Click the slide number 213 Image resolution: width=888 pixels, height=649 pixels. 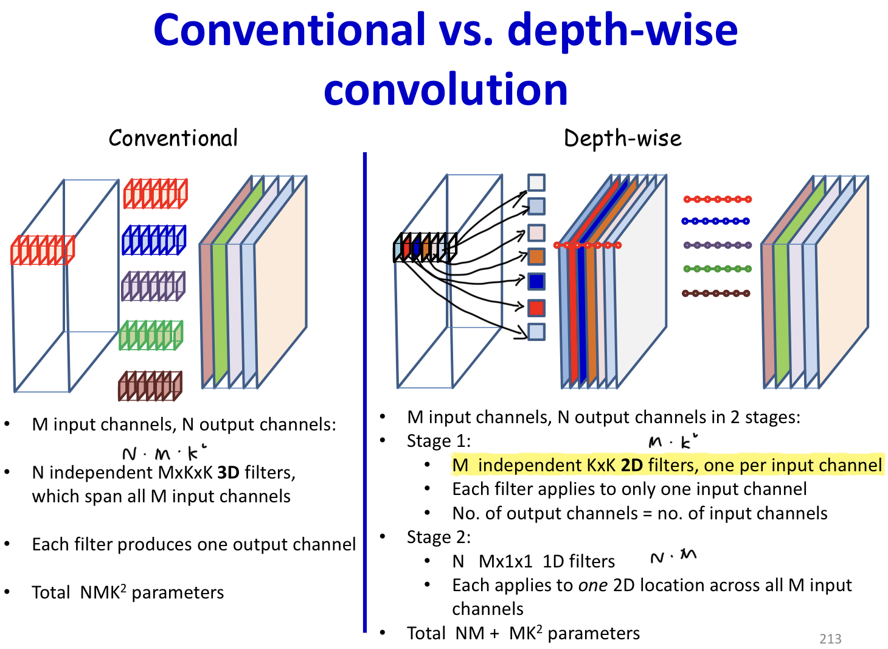[830, 639]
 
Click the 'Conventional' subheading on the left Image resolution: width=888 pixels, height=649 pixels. [173, 139]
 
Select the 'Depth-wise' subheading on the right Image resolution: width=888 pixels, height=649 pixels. [623, 139]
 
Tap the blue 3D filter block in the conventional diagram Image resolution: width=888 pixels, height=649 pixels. [154, 240]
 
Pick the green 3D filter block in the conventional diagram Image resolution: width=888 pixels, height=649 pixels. [151, 335]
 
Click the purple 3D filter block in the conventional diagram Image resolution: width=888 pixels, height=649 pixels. [153, 286]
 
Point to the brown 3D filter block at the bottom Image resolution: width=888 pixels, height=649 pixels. [150, 386]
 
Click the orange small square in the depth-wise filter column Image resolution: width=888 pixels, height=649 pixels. [536, 256]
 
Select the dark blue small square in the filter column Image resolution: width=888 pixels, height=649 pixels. [536, 281]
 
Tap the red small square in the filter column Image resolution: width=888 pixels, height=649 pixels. [536, 307]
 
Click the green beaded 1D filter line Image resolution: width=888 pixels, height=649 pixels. [717, 268]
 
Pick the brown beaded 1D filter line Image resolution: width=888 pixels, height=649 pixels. [716, 293]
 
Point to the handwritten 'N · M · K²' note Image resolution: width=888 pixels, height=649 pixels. [164, 453]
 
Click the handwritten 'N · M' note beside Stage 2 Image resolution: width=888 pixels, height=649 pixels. [673, 556]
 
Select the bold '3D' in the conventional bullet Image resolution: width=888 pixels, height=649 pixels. [228, 473]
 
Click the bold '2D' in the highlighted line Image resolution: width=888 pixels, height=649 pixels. [631, 466]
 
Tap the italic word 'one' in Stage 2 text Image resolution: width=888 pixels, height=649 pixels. [592, 586]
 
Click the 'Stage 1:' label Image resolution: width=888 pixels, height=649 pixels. [439, 441]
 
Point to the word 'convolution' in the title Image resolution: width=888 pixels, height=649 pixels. [445, 89]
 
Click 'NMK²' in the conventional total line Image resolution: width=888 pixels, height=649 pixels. [103, 592]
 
